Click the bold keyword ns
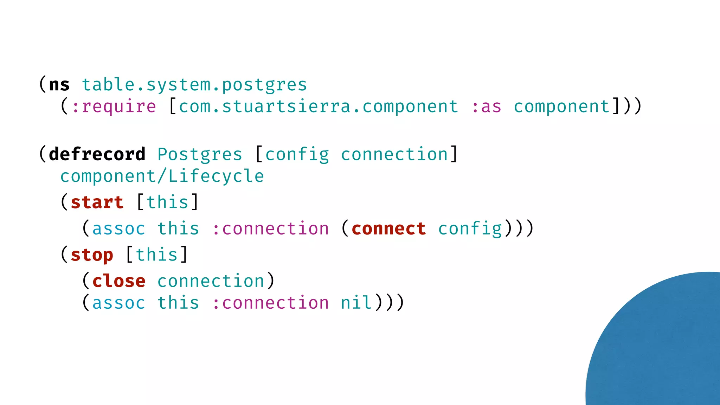[59, 85]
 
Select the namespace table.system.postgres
[194, 85]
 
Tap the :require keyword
[114, 107]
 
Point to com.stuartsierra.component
[319, 107]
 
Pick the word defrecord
[97, 154]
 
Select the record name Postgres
[200, 154]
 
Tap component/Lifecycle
[162, 176]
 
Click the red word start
[97, 202]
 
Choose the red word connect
[388, 229]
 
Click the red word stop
[92, 255]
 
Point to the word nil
[356, 303]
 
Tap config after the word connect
[470, 229]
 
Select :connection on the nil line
[270, 303]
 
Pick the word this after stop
[157, 255]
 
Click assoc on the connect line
[119, 229]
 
